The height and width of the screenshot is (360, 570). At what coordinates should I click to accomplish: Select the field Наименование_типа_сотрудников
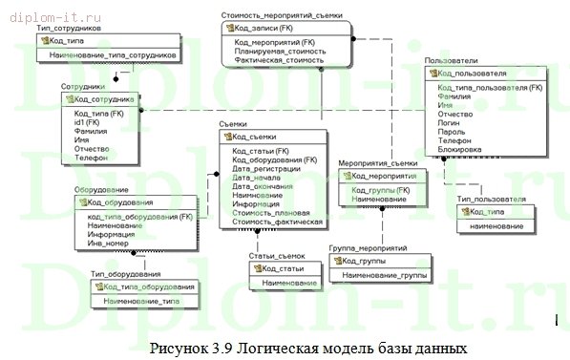pos(113,55)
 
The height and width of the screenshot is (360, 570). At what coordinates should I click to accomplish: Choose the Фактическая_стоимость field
pos(279,59)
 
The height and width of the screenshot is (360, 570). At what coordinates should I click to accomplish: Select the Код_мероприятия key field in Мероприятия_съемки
pos(383,176)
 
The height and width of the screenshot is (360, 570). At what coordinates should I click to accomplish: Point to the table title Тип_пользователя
pos(491,199)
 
